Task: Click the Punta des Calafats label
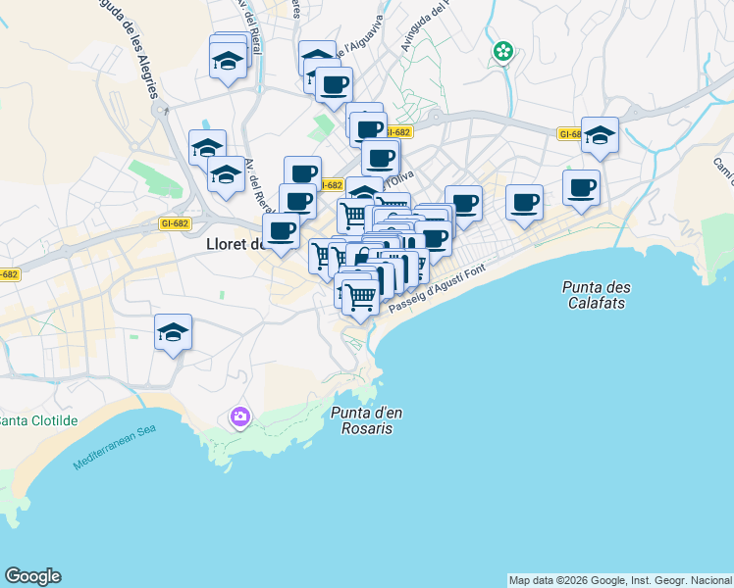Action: (x=597, y=295)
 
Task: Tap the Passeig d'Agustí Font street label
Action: (x=437, y=291)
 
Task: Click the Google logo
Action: (x=32, y=576)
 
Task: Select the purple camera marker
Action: (x=239, y=418)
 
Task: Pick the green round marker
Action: (x=503, y=51)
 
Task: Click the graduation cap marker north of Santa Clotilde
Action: (x=173, y=332)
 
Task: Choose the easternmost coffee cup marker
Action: (x=581, y=187)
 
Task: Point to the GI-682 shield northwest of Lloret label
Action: (x=174, y=223)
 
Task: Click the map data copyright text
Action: (x=620, y=580)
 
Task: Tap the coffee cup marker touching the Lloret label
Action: (x=282, y=231)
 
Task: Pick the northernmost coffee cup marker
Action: (x=333, y=84)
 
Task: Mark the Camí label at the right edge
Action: (x=724, y=172)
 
